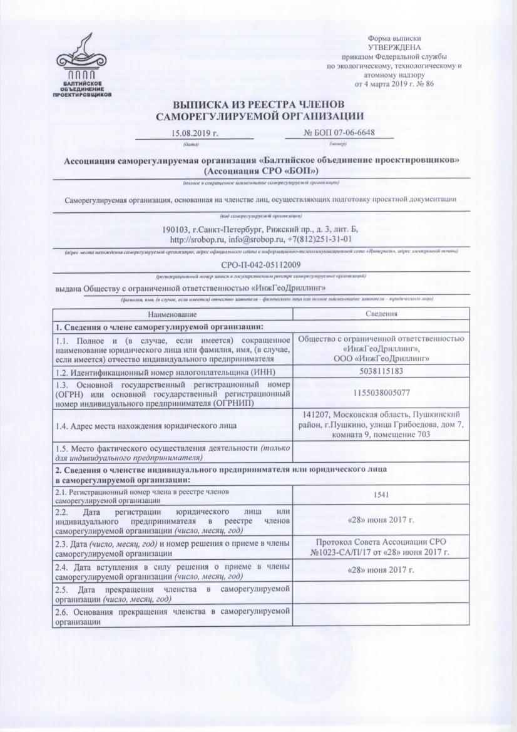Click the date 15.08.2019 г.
tap(193, 133)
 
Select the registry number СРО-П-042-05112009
tap(262, 264)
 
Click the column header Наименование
tap(172, 314)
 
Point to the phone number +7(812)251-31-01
tap(319, 239)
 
